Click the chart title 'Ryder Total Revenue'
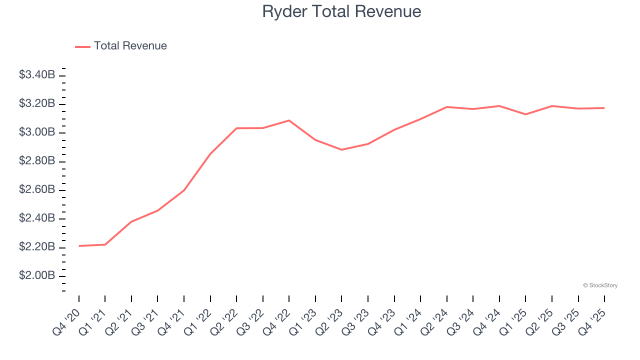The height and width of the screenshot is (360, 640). tap(341, 11)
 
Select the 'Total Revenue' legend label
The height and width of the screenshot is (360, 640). tap(130, 46)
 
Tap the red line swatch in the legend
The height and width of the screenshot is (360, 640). tap(82, 46)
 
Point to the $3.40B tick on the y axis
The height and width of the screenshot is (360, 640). tap(37, 75)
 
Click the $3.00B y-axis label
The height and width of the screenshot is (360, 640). tap(37, 132)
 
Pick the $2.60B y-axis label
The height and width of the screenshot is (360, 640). tap(37, 190)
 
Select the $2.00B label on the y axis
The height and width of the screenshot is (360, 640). tap(37, 276)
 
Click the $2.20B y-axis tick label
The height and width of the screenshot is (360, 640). tap(37, 247)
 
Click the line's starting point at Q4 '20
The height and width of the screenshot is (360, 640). tap(79, 246)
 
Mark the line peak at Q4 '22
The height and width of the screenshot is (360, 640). tap(289, 120)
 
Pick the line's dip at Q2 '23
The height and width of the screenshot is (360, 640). tap(342, 149)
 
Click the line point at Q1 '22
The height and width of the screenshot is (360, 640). tap(210, 154)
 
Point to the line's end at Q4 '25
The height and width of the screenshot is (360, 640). tap(604, 108)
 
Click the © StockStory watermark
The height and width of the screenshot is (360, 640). tap(600, 285)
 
